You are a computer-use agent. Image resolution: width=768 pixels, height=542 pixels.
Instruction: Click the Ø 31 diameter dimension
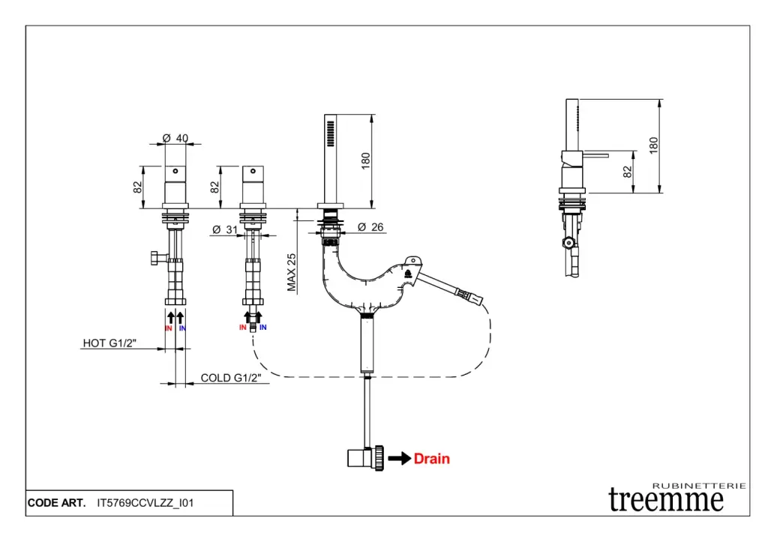coord(225,229)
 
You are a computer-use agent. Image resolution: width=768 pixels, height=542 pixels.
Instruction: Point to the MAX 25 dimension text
coord(292,271)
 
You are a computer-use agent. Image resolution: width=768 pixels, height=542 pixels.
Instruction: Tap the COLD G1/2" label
coord(234,378)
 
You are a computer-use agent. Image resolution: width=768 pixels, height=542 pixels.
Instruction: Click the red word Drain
coord(432,458)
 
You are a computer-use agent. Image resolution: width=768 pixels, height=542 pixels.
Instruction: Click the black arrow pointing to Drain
coord(400,458)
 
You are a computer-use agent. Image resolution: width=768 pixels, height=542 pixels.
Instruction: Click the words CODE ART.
coord(56,503)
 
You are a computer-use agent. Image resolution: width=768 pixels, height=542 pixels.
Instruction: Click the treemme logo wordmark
coord(666,499)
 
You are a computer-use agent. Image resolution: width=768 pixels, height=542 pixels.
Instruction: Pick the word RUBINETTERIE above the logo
coord(699,486)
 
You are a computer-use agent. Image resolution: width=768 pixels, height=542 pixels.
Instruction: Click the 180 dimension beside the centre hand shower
coord(366,160)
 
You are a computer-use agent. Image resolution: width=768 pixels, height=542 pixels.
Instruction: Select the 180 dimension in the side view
coord(653,145)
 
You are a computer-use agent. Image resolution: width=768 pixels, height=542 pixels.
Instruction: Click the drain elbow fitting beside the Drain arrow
coord(365,457)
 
